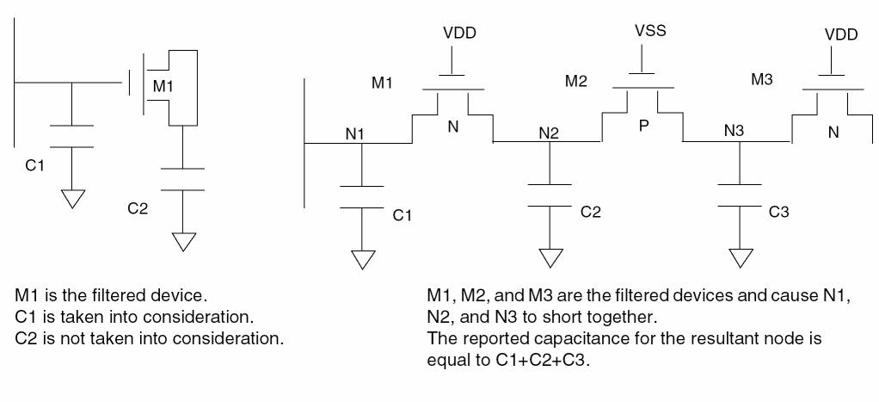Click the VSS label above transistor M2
point(650,31)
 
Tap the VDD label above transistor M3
point(840,37)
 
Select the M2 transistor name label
point(576,81)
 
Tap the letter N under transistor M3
point(833,133)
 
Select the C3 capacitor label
point(778,213)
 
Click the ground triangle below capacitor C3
point(739,258)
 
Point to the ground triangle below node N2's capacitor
point(550,258)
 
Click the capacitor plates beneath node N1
point(362,196)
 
